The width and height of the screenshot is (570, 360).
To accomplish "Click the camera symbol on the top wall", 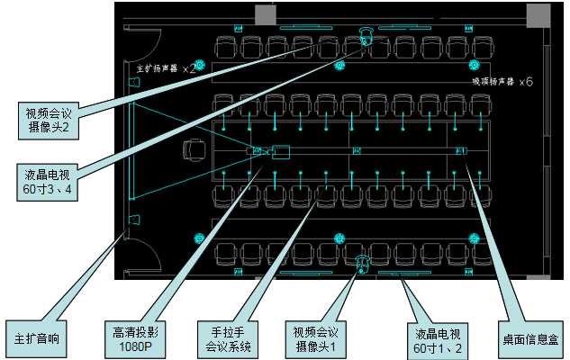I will tap(366, 37).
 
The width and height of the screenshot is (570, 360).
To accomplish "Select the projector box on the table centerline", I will tap(280, 151).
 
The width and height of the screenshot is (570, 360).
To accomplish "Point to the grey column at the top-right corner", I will tap(538, 14).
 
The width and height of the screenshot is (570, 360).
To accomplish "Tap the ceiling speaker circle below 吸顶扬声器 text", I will tap(474, 65).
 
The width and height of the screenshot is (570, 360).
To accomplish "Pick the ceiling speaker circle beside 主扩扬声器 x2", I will tap(199, 64).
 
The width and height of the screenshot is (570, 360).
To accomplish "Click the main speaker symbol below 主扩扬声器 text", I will tap(134, 83).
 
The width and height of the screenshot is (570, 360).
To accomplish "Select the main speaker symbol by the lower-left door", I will tap(134, 219).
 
